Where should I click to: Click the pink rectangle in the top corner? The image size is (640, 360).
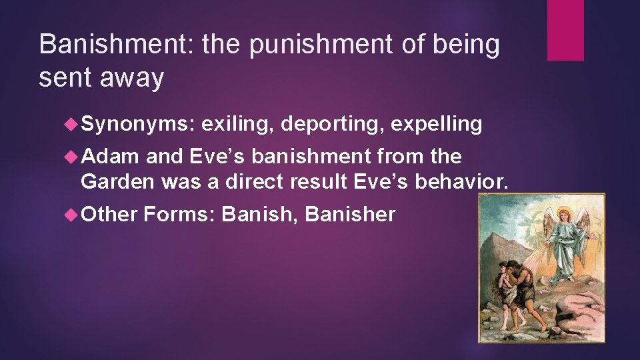pos(565,30)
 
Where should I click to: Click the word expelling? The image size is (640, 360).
pos(437,125)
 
